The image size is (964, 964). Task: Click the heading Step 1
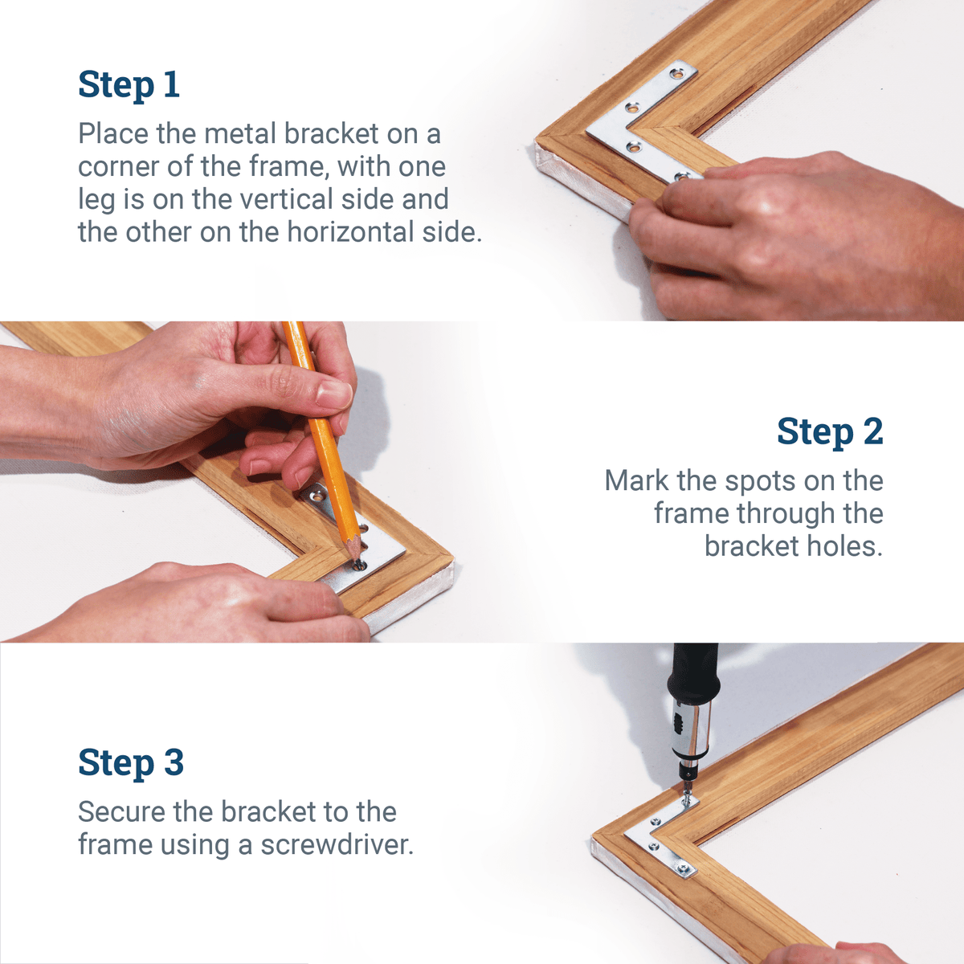tap(129, 85)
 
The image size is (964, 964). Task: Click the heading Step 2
tap(829, 432)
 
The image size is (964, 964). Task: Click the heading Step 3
tap(130, 763)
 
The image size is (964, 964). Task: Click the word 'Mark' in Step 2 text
tap(636, 481)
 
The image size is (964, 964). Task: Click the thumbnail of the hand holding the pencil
tap(333, 393)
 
